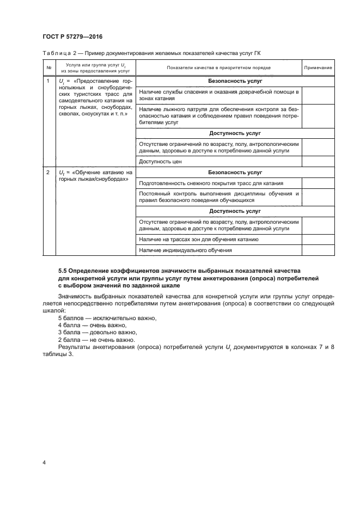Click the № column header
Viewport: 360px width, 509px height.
49,68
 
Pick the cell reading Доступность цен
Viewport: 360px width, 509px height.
160,162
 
